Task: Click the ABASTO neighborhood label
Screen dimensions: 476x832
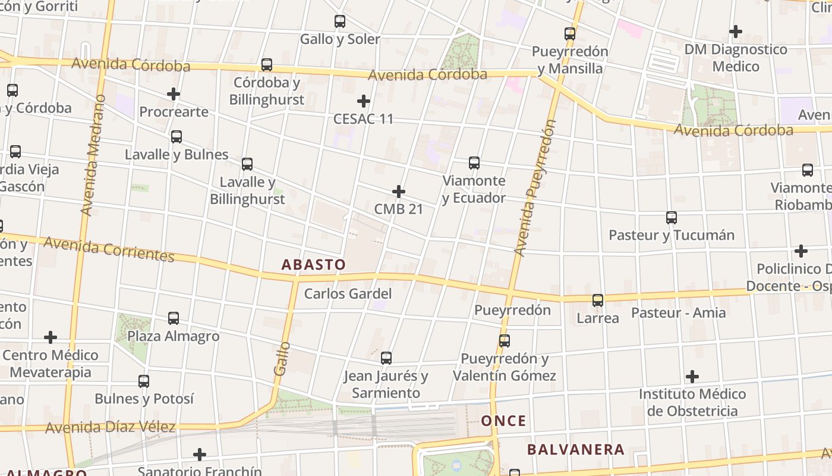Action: point(313,265)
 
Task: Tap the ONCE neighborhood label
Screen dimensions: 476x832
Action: point(503,421)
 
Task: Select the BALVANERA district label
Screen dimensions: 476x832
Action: point(575,450)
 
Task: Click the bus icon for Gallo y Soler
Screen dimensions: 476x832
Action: point(340,22)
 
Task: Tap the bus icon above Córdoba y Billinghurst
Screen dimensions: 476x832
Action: point(267,65)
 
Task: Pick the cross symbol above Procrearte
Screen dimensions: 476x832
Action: point(174,94)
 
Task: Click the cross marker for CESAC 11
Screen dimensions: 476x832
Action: point(364,101)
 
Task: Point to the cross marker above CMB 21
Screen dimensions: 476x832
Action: point(399,192)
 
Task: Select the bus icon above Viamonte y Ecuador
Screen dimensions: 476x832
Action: point(474,163)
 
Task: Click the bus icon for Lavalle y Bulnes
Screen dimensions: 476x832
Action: point(177,137)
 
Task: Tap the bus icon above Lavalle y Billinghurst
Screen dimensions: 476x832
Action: point(247,164)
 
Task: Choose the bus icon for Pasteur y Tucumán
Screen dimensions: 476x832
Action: point(672,218)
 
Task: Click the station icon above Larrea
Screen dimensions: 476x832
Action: point(598,300)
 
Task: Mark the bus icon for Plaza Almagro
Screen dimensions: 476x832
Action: point(174,318)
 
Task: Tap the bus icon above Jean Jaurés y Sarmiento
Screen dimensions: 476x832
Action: point(386,358)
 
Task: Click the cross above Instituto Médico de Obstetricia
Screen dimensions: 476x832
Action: point(692,377)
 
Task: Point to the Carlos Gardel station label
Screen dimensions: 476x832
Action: point(348,294)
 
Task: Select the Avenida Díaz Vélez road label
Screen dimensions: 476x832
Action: point(110,427)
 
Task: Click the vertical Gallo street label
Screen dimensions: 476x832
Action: point(282,358)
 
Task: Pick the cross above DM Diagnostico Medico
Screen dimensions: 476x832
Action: point(736,32)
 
